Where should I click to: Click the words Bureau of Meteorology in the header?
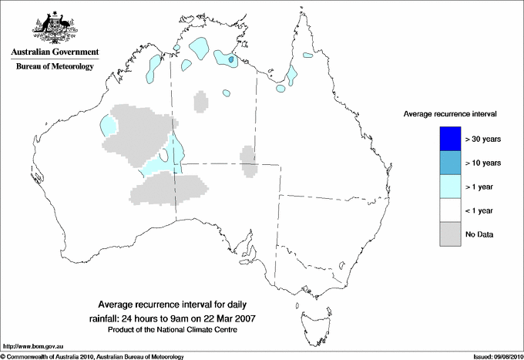pyautogui.click(x=55, y=67)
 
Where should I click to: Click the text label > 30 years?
pyautogui.click(x=484, y=139)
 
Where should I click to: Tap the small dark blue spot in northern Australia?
pyautogui.click(x=231, y=59)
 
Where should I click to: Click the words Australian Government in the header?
pyautogui.click(x=55, y=52)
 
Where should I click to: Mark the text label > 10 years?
pyautogui.click(x=484, y=163)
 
